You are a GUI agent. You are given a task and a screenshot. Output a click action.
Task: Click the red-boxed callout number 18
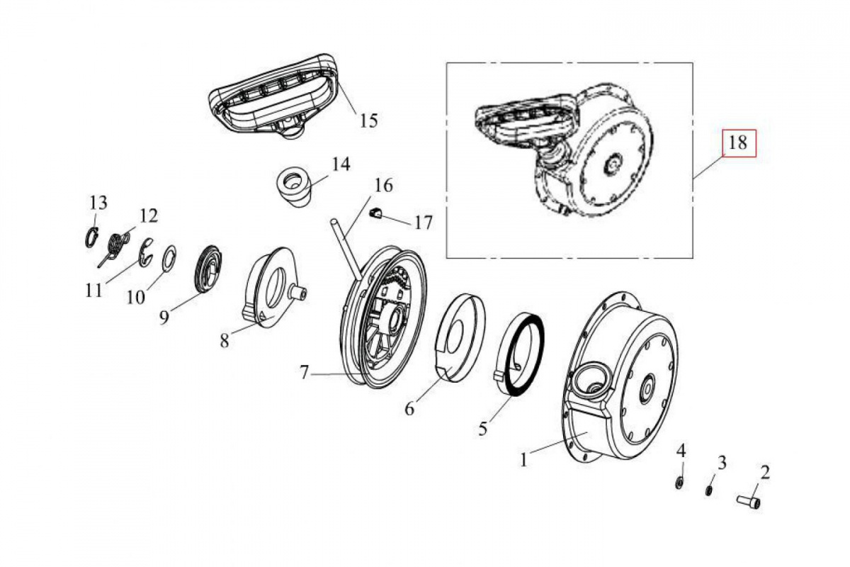coord(738,142)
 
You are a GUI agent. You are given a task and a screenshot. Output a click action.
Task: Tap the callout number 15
coord(369,120)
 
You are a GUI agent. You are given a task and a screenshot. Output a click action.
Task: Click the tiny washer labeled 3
coord(708,490)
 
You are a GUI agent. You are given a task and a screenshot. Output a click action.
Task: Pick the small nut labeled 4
coord(680,483)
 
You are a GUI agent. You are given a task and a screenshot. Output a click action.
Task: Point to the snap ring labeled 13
coord(91,237)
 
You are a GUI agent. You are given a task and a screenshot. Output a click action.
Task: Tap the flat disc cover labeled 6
coord(460,337)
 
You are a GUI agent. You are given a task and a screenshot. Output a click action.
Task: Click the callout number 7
coord(304,372)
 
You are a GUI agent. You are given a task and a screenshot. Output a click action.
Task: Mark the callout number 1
coord(523,461)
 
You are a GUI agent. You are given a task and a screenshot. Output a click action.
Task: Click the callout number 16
coord(383,186)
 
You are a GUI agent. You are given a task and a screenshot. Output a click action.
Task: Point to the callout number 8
coord(225,340)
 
